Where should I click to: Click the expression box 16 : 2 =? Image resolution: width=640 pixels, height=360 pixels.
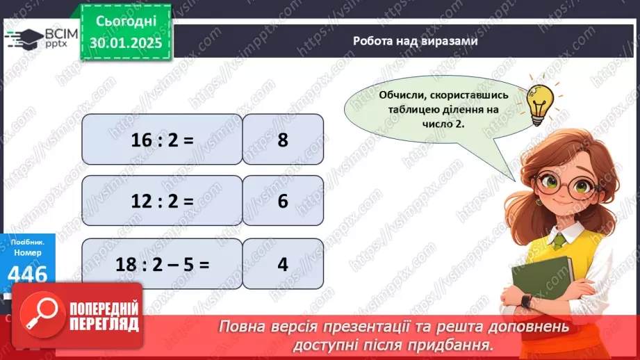(x=161, y=140)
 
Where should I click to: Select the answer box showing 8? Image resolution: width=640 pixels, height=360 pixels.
(x=283, y=140)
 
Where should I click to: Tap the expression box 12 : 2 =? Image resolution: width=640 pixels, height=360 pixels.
(x=161, y=202)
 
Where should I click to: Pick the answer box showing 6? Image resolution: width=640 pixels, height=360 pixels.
(x=283, y=202)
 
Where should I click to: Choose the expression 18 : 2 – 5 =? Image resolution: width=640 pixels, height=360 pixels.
(x=161, y=264)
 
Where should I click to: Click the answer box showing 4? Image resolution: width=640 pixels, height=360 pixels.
(x=283, y=264)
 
